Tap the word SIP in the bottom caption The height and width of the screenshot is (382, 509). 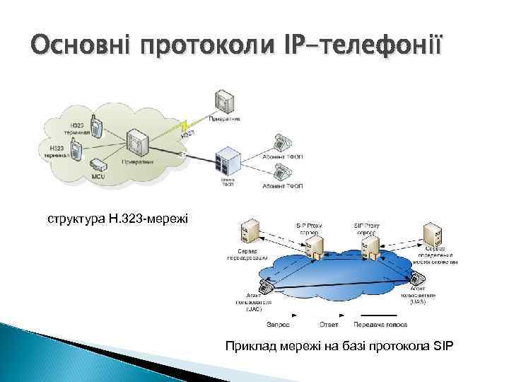click(x=442, y=346)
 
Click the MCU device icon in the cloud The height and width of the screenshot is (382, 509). click(x=98, y=164)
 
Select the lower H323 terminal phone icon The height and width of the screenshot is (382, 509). click(x=77, y=149)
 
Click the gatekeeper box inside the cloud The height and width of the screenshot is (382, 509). click(x=136, y=142)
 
